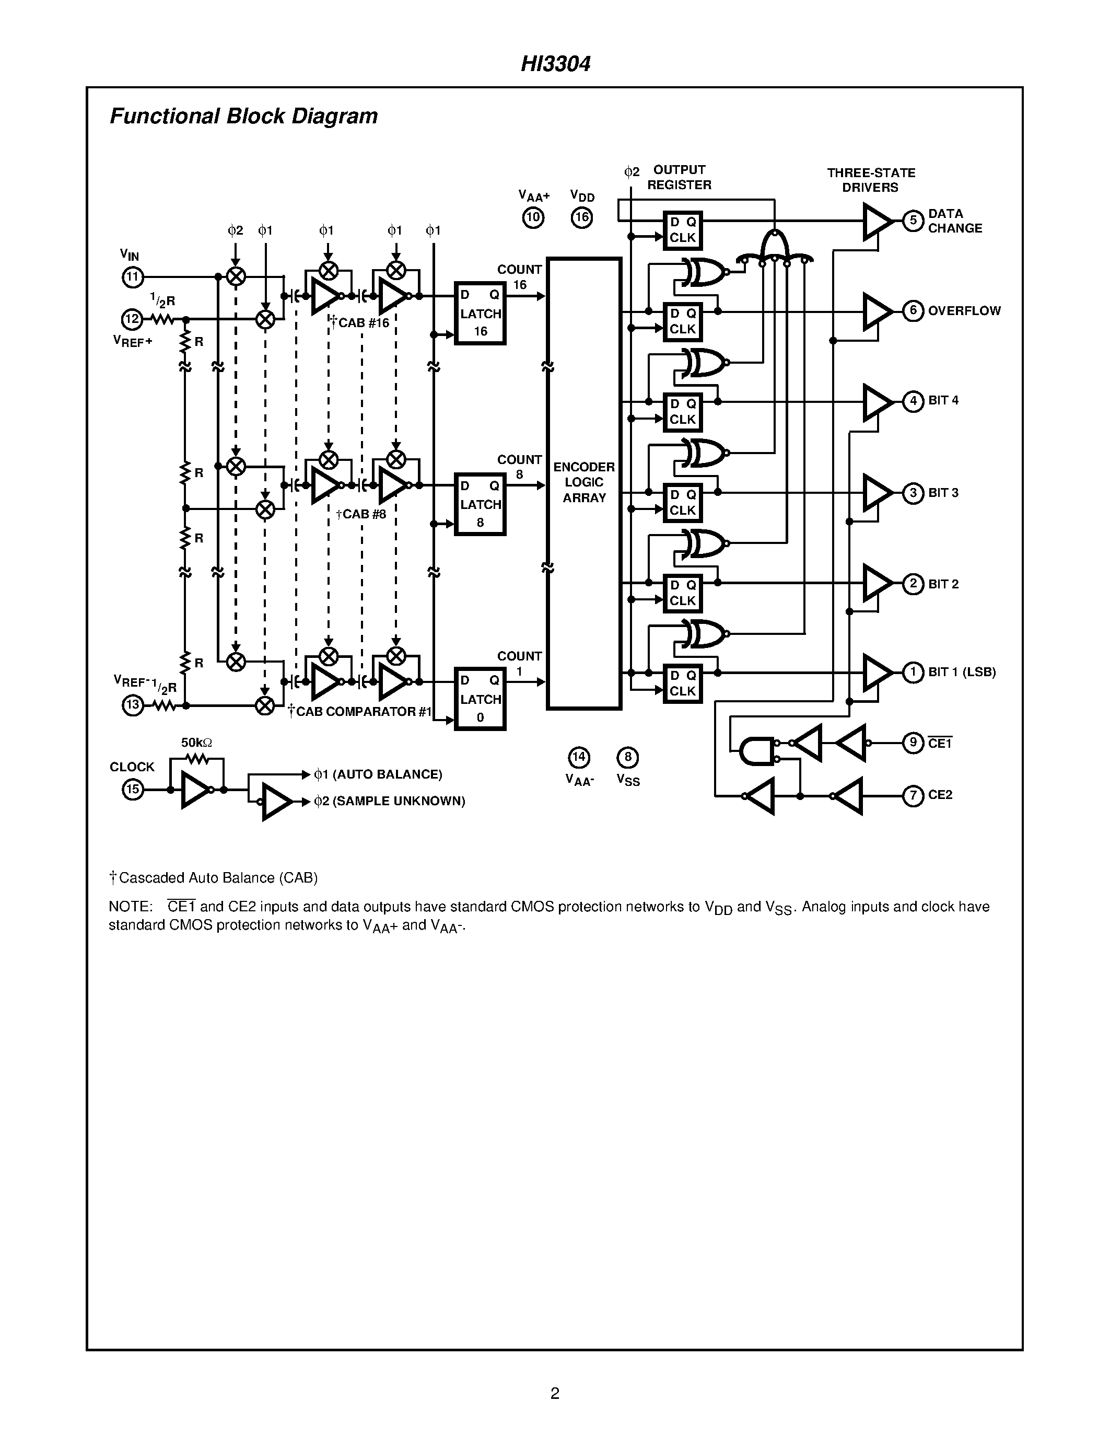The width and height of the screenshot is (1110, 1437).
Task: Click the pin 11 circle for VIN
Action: tap(133, 277)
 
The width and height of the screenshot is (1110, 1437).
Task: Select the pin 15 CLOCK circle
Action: tap(133, 789)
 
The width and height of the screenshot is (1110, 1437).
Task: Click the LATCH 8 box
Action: tap(480, 504)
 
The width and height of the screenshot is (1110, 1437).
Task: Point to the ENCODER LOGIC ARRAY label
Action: tap(584, 482)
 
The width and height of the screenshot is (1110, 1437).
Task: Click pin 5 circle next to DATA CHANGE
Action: tap(913, 221)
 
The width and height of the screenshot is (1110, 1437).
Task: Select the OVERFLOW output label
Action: tap(964, 310)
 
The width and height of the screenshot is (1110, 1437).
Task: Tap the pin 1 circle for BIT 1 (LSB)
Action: tap(913, 673)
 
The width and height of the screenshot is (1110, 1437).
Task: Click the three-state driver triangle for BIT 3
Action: tap(877, 492)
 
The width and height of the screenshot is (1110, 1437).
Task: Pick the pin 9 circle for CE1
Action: tap(913, 743)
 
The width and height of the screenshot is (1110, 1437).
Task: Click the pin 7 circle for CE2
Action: tap(913, 795)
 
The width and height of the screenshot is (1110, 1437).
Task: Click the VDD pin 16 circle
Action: tap(582, 218)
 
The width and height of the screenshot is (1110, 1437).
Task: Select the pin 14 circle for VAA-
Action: tap(579, 757)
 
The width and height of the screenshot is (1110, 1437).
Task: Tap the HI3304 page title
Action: tap(556, 64)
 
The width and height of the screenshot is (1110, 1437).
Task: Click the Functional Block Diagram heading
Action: tap(243, 117)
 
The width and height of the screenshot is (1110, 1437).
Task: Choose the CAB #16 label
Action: tap(361, 323)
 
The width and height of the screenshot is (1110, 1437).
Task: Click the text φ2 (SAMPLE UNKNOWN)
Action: tap(390, 802)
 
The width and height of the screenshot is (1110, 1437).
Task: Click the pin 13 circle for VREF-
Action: tap(133, 705)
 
